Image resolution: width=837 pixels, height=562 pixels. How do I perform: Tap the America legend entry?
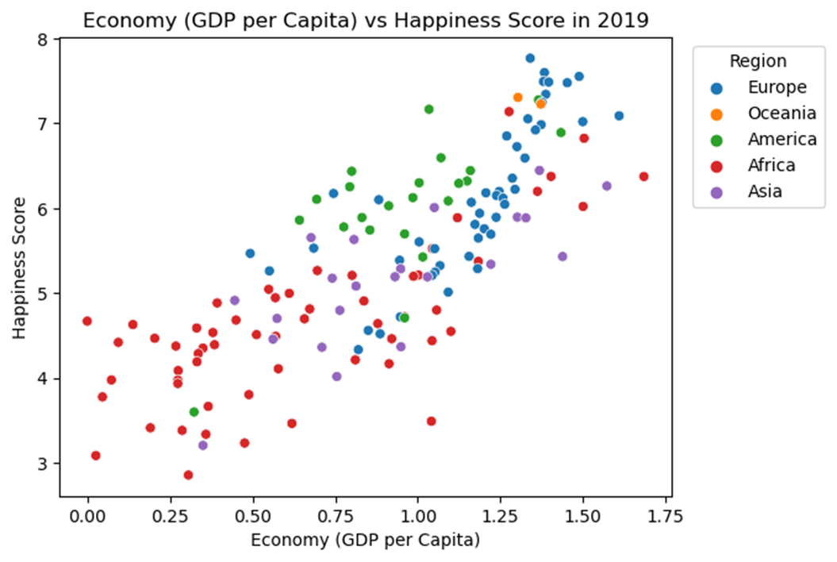pyautogui.click(x=781, y=140)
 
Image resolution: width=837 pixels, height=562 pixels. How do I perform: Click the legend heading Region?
pyautogui.click(x=758, y=61)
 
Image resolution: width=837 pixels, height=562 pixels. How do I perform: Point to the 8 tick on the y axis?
pyautogui.click(x=43, y=39)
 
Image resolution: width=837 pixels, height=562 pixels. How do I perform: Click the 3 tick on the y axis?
pyautogui.click(x=43, y=464)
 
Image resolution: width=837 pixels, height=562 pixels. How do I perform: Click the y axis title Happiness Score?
pyautogui.click(x=19, y=268)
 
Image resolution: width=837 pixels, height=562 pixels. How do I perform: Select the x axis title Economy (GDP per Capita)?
pyautogui.click(x=366, y=541)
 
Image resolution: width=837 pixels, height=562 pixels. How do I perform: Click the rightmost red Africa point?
pyautogui.click(x=643, y=176)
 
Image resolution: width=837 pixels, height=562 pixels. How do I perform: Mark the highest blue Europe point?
pyautogui.click(x=530, y=58)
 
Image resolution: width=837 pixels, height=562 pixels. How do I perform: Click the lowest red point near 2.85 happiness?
pyautogui.click(x=188, y=475)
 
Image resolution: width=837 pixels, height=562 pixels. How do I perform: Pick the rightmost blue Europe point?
pyautogui.click(x=619, y=116)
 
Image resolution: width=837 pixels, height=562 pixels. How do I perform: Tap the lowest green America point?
pyautogui.click(x=194, y=412)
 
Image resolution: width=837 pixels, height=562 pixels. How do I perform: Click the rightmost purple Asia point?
pyautogui.click(x=607, y=186)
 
